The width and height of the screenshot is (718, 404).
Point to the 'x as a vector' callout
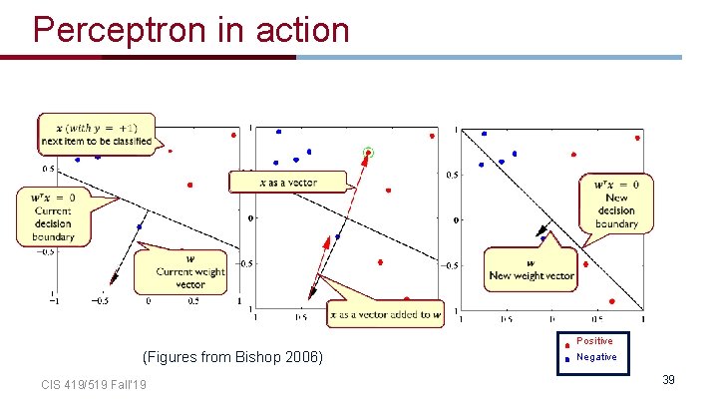click(287, 182)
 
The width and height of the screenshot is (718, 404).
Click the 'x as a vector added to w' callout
click(385, 314)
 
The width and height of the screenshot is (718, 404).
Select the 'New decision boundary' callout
click(615, 203)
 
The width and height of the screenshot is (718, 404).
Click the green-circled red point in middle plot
click(368, 153)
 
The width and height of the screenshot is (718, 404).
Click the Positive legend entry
click(595, 341)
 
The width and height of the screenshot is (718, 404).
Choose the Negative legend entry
click(595, 356)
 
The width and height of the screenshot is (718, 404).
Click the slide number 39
click(668, 380)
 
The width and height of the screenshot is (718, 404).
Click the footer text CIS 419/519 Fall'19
click(94, 385)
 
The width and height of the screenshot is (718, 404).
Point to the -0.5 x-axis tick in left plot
click(101, 300)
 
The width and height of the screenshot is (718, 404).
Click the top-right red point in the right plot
click(636, 138)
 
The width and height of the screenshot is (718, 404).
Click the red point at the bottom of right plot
click(611, 301)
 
